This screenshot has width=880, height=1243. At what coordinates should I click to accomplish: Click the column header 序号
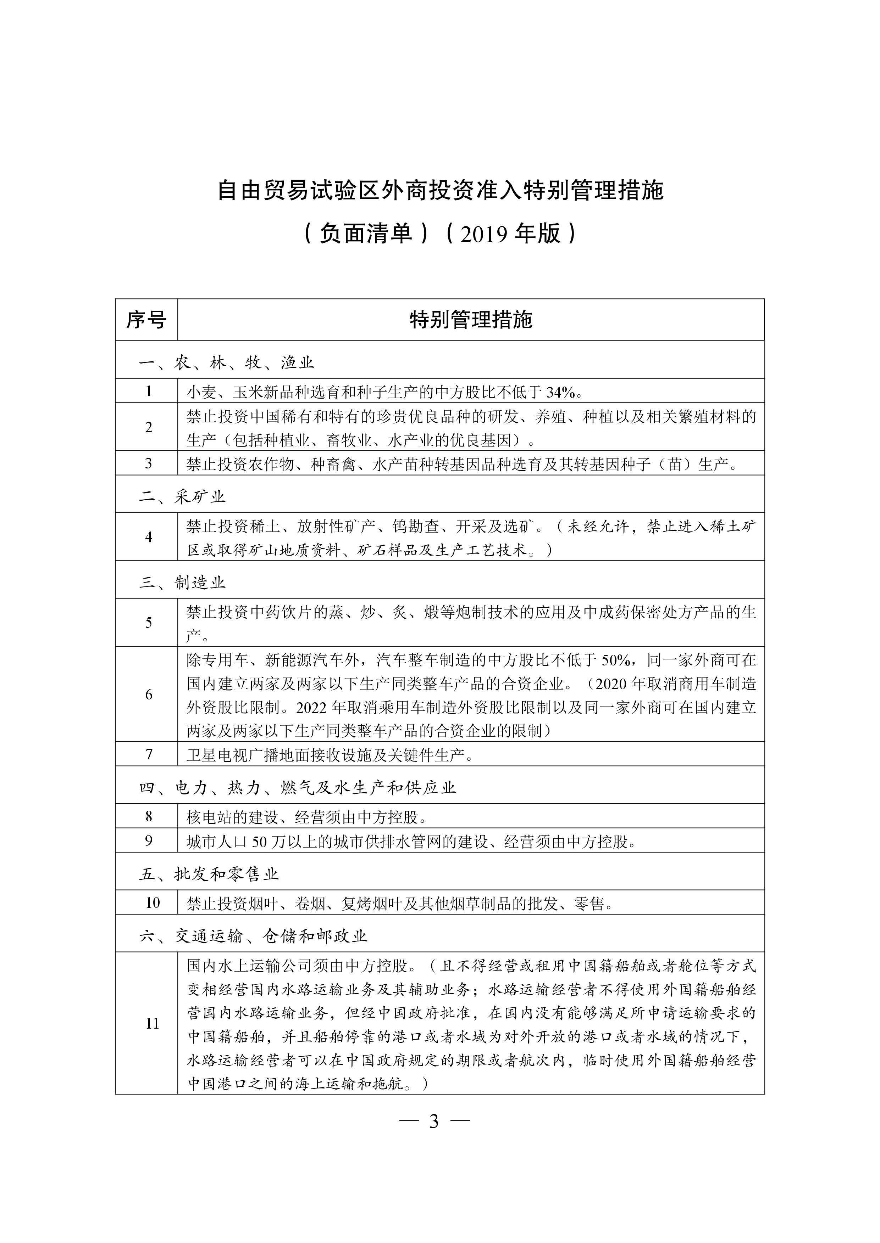point(146,320)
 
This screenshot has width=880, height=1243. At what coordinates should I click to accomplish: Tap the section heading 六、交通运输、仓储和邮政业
point(253,936)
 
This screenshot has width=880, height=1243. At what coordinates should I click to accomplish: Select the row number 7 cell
point(149,754)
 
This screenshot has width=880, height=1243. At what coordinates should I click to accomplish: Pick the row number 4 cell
point(149,537)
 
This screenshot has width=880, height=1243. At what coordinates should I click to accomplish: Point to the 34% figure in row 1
point(562,392)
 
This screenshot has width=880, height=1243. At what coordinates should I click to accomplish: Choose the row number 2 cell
point(149,427)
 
